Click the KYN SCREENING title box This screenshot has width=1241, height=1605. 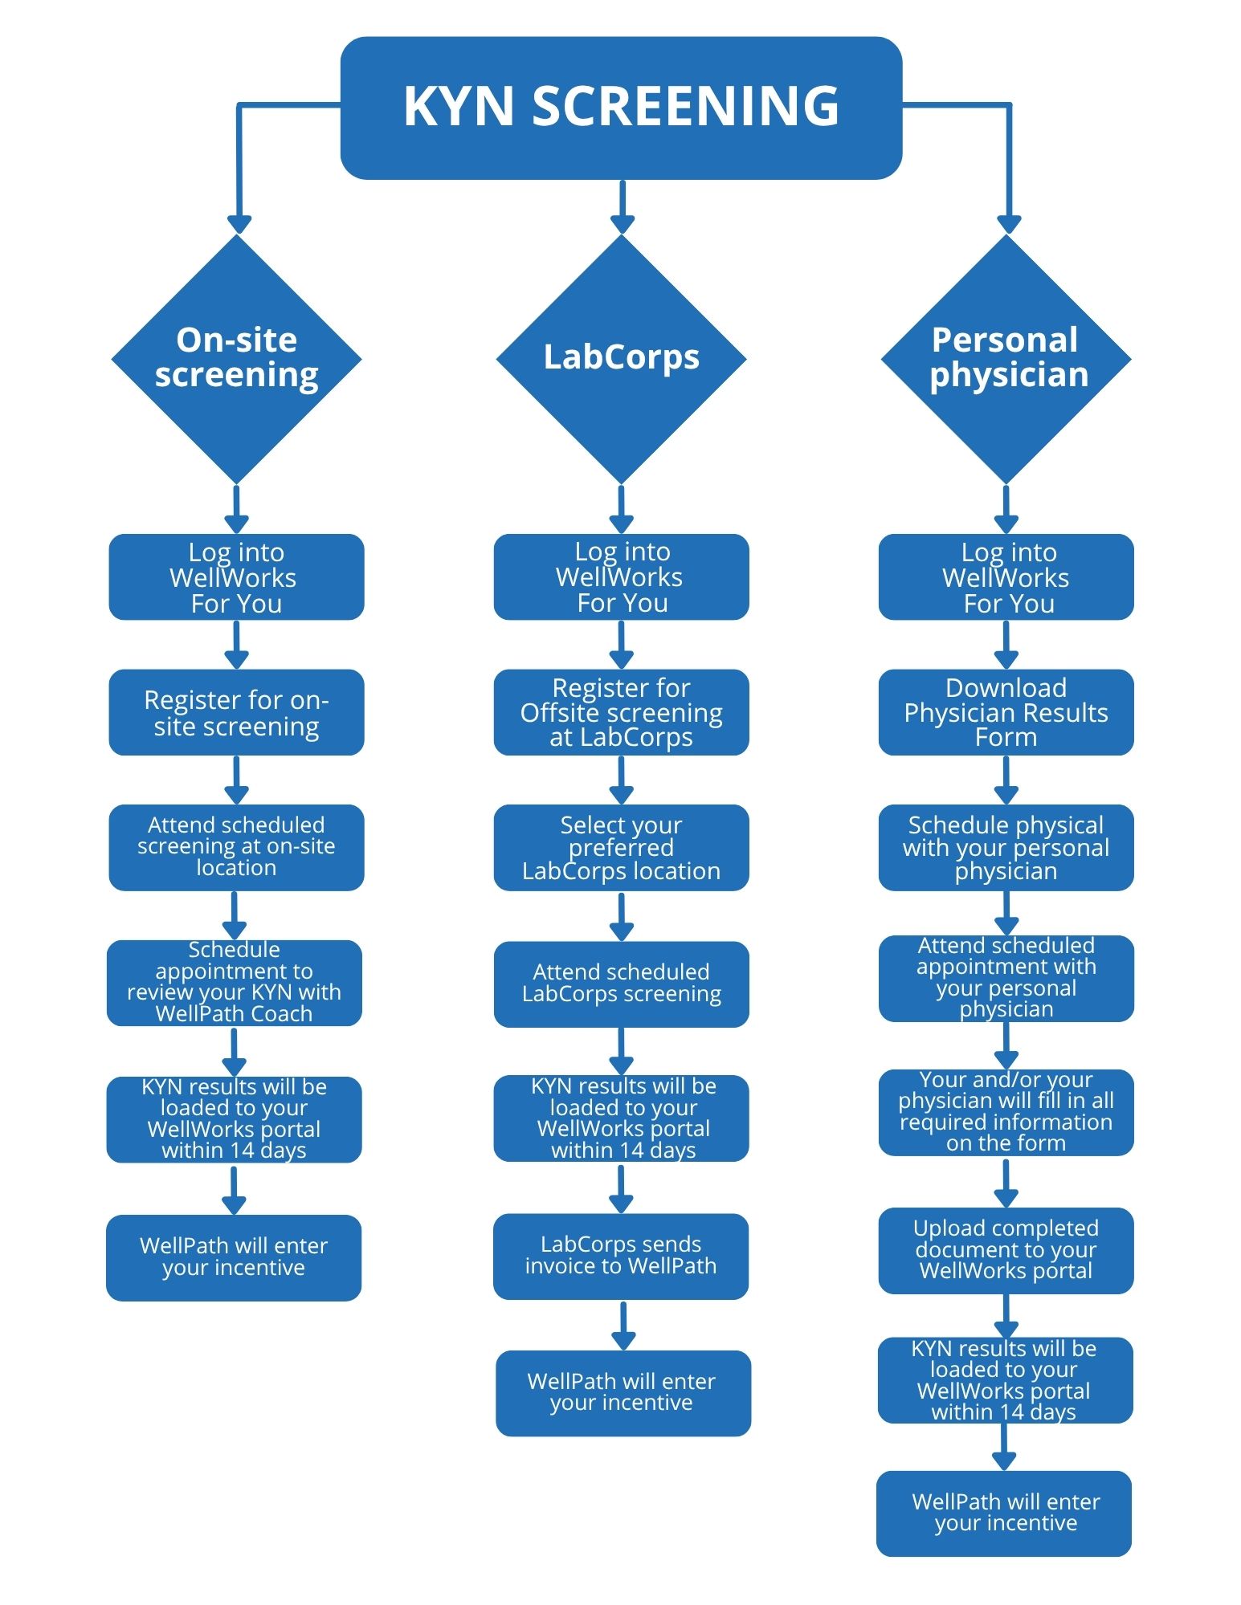(x=621, y=108)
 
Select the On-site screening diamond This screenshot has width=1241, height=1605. (x=236, y=359)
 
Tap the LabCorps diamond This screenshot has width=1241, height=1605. (x=621, y=359)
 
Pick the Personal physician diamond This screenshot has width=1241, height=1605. (x=1006, y=359)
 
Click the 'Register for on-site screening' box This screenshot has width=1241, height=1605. (x=236, y=712)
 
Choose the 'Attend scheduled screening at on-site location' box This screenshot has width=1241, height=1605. (x=236, y=847)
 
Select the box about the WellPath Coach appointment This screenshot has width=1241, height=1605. (x=234, y=983)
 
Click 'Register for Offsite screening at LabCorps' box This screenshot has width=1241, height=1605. (x=621, y=712)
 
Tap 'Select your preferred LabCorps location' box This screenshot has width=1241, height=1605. (x=621, y=847)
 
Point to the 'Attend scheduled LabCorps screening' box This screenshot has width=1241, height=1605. (x=621, y=984)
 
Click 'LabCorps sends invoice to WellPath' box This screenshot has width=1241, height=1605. (x=620, y=1256)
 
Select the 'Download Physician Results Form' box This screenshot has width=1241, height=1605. (x=1006, y=712)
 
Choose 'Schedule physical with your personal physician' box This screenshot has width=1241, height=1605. (x=1006, y=847)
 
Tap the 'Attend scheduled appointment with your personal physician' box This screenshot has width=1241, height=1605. (x=1006, y=979)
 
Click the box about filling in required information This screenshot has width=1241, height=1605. (x=1006, y=1113)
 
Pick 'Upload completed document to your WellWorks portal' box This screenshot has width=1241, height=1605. (x=1006, y=1250)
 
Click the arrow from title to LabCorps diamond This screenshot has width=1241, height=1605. (x=622, y=207)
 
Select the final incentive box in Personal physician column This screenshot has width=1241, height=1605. (x=1004, y=1513)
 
